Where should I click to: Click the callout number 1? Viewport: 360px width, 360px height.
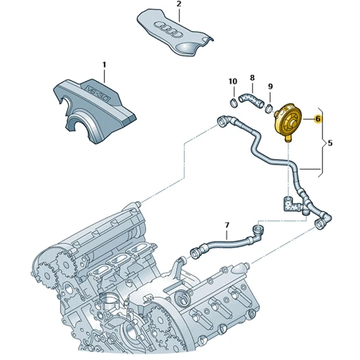coord(103,64)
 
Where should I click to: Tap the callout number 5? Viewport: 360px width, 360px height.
coord(330,144)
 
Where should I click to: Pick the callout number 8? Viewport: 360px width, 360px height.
coord(252,77)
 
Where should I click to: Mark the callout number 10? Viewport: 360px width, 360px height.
coord(232,81)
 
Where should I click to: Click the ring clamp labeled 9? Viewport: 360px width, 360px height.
coord(269,108)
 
